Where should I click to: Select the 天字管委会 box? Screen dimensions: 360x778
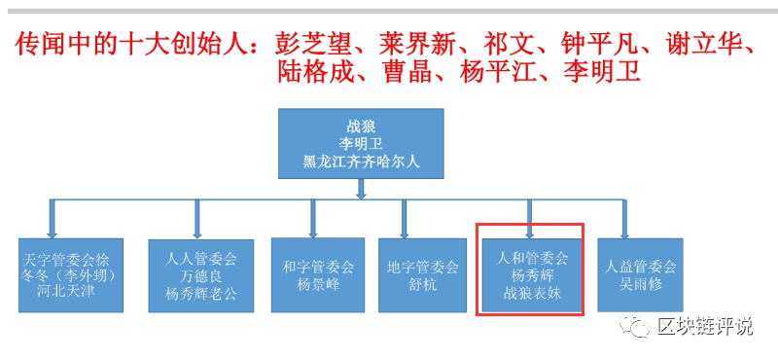click(70, 275)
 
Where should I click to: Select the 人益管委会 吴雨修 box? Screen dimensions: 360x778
click(640, 273)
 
